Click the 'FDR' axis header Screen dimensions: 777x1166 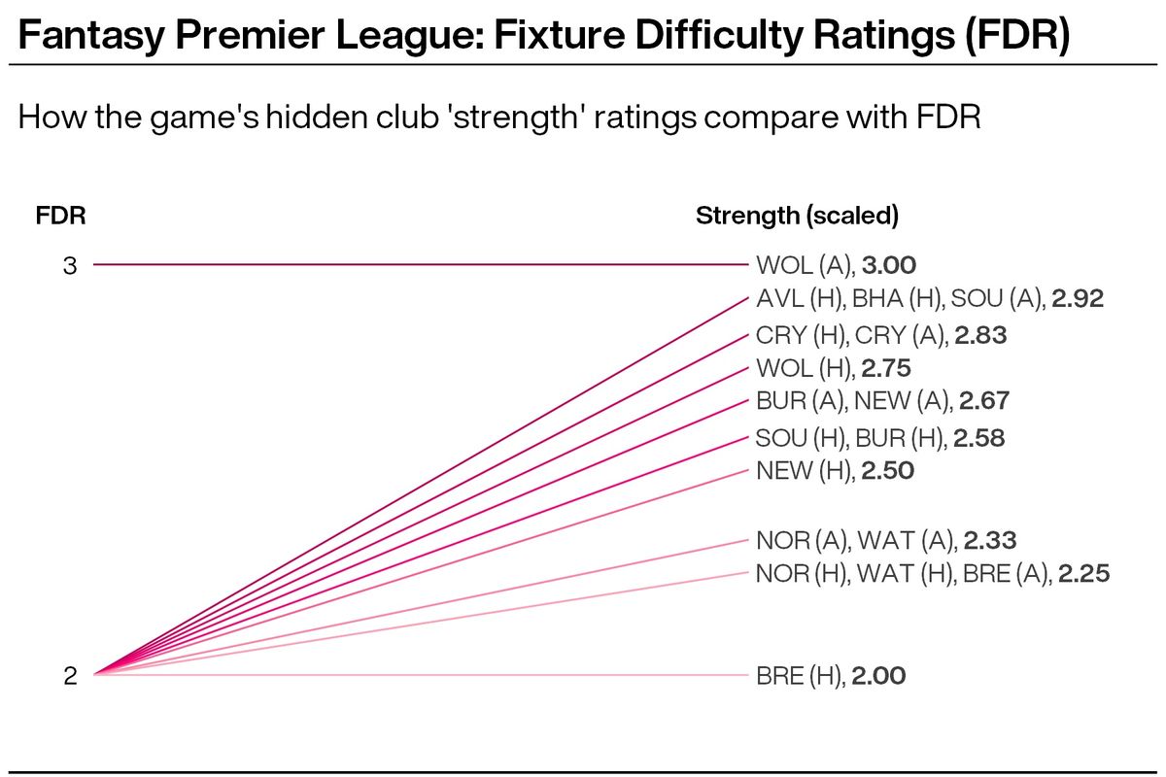tap(60, 216)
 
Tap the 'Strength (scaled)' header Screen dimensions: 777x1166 tap(796, 216)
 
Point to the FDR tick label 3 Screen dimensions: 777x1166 tap(70, 264)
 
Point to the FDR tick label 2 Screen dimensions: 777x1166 tap(70, 676)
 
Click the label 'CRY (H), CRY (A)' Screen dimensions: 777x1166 tap(850, 335)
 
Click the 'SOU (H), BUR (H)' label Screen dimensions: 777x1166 tap(850, 438)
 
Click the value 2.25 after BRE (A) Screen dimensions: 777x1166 tap(1082, 574)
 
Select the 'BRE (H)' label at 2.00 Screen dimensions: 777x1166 tap(799, 676)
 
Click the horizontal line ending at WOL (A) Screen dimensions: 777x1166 tap(418, 264)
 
